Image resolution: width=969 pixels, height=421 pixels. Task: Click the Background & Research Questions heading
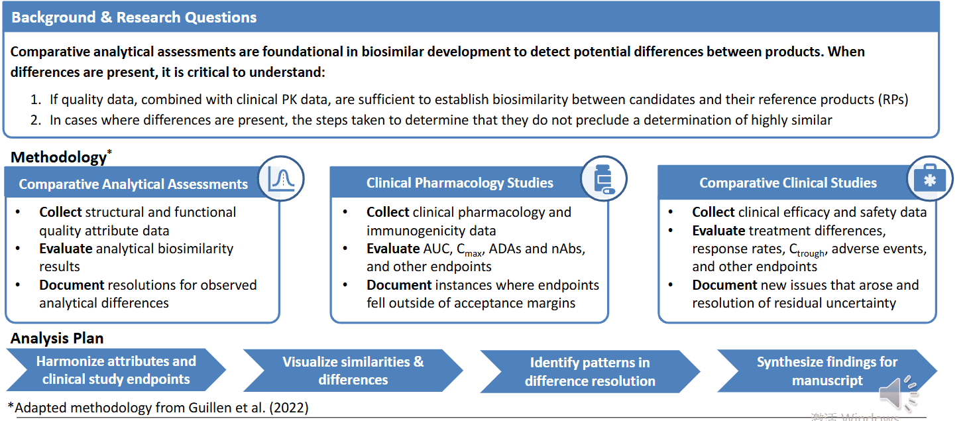tap(134, 17)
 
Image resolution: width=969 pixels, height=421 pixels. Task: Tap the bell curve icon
tap(281, 179)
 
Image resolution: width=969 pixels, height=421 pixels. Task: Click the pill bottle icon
tap(604, 179)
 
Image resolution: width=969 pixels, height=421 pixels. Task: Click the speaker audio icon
tap(897, 394)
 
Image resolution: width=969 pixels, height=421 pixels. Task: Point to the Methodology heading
tap(58, 157)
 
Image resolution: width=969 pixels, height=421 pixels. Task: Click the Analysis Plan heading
tap(57, 338)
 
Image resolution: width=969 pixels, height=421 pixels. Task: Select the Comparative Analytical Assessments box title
tap(133, 184)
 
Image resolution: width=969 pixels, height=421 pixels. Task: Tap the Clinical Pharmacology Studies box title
tap(460, 183)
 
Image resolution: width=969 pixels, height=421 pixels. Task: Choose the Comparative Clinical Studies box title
tap(788, 183)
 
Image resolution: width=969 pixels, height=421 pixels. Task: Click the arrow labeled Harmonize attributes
tap(116, 371)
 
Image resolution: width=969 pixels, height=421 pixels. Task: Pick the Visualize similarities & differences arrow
tap(353, 371)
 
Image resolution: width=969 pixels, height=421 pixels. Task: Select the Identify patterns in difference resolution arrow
tap(590, 372)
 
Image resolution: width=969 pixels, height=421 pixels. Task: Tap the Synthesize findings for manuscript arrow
tap(826, 371)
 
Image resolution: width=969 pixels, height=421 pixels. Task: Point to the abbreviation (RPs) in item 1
tap(892, 100)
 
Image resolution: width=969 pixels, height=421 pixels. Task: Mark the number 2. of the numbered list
tap(36, 120)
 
